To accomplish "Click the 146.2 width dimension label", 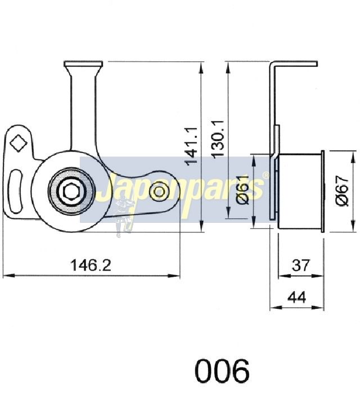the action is [x=91, y=265].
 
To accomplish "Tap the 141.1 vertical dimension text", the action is [x=192, y=146].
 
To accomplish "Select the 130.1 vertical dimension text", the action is [x=218, y=139].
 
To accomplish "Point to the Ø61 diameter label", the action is [x=242, y=190].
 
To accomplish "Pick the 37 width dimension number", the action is [x=300, y=265].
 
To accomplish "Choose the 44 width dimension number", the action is [x=297, y=297].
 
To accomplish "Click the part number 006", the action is [x=222, y=370].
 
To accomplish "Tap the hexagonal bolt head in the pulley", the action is [x=72, y=191].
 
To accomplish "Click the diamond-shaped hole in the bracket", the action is [x=18, y=143].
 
